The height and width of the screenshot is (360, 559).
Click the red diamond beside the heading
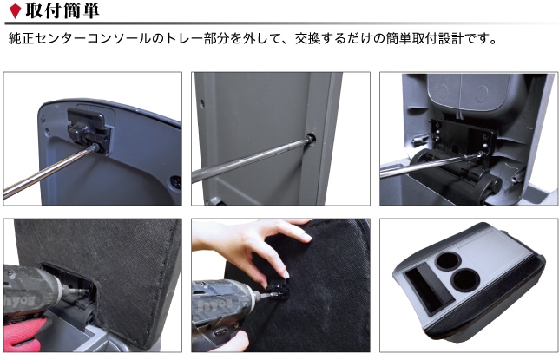tap(15, 11)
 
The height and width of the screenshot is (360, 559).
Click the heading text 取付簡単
tap(62, 10)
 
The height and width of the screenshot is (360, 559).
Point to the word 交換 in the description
tap(307, 38)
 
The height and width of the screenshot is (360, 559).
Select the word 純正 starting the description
tap(22, 38)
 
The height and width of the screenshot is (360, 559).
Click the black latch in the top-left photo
tap(89, 128)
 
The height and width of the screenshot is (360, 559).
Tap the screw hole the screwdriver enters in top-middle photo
tap(311, 138)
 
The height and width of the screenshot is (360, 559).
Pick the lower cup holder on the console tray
tap(465, 280)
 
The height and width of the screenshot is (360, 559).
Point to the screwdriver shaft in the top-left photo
tap(49, 171)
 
